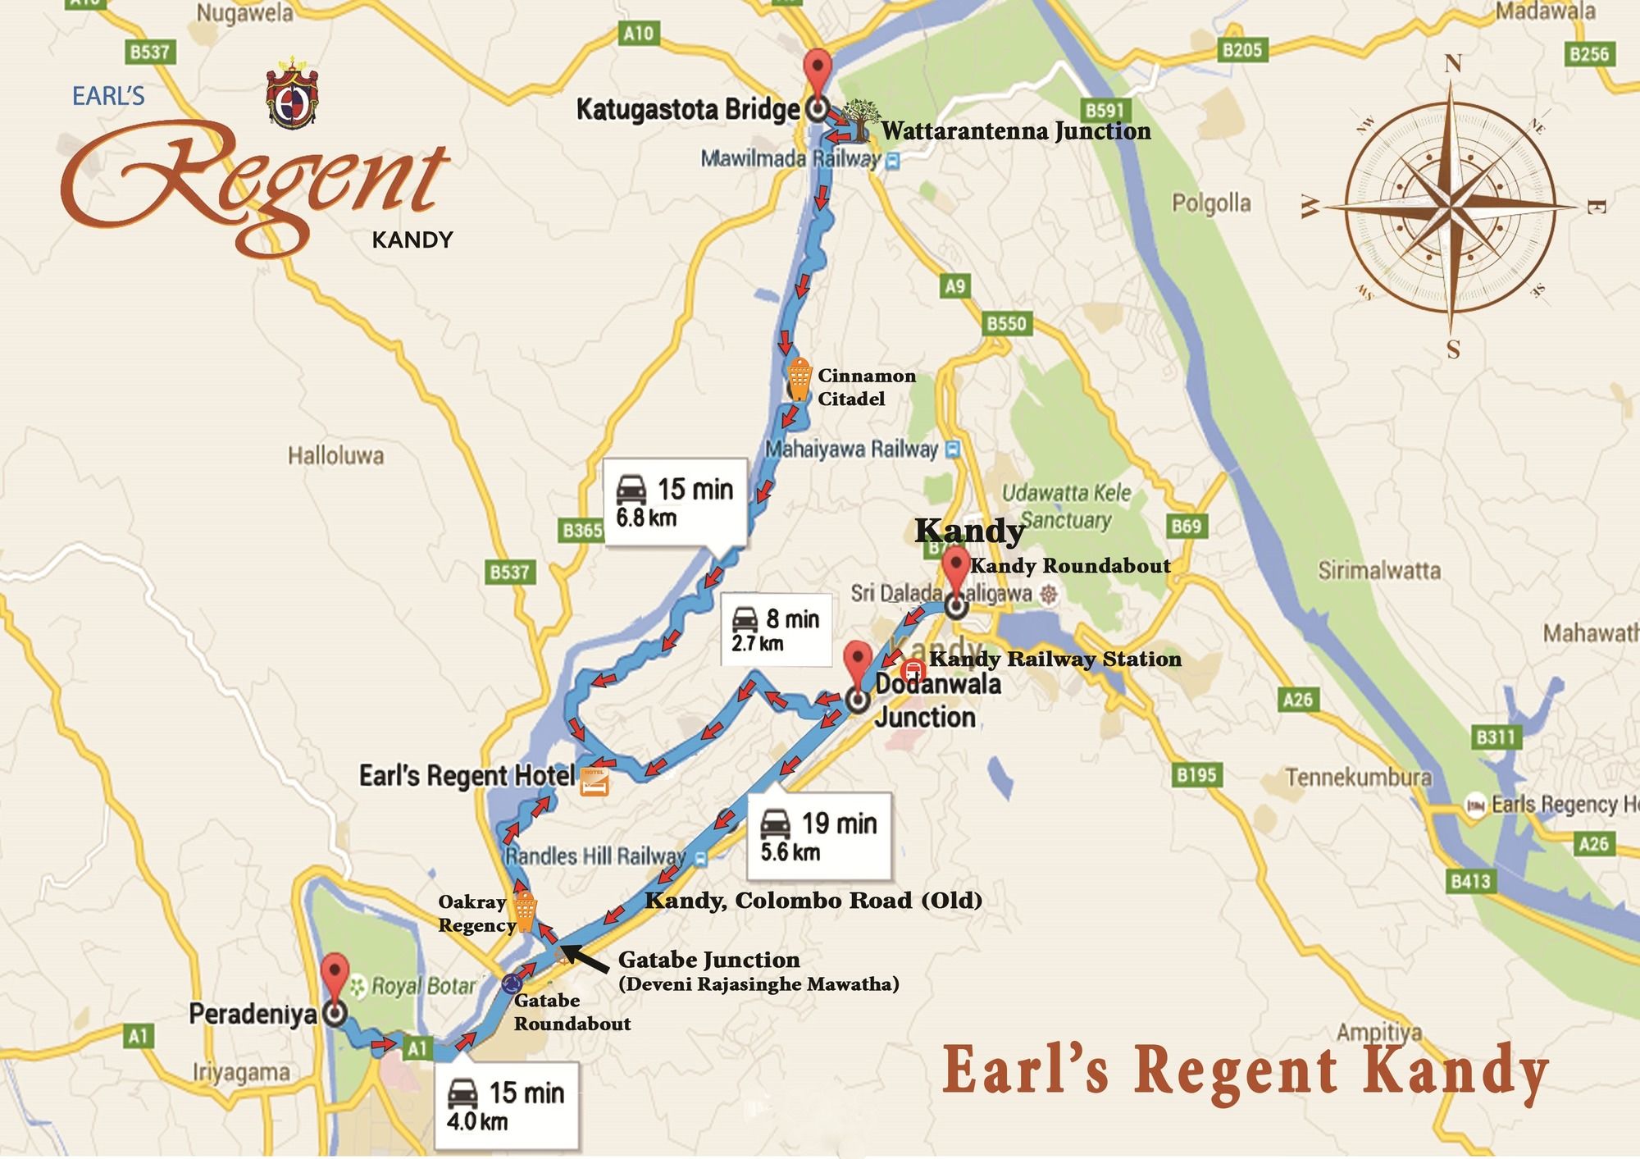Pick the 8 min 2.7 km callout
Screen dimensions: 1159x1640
[776, 630]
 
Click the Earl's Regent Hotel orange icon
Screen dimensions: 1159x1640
[594, 781]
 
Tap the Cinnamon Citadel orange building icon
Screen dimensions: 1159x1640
[798, 379]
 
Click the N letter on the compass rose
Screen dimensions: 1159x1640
[1452, 63]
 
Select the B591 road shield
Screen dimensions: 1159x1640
[1104, 111]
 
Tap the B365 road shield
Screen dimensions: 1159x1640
[582, 530]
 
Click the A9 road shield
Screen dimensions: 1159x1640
[955, 286]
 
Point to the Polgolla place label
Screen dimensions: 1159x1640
[1211, 203]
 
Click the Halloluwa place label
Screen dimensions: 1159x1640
[335, 455]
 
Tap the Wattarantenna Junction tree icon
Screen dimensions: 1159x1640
[859, 121]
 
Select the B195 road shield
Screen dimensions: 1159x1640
[1196, 774]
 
